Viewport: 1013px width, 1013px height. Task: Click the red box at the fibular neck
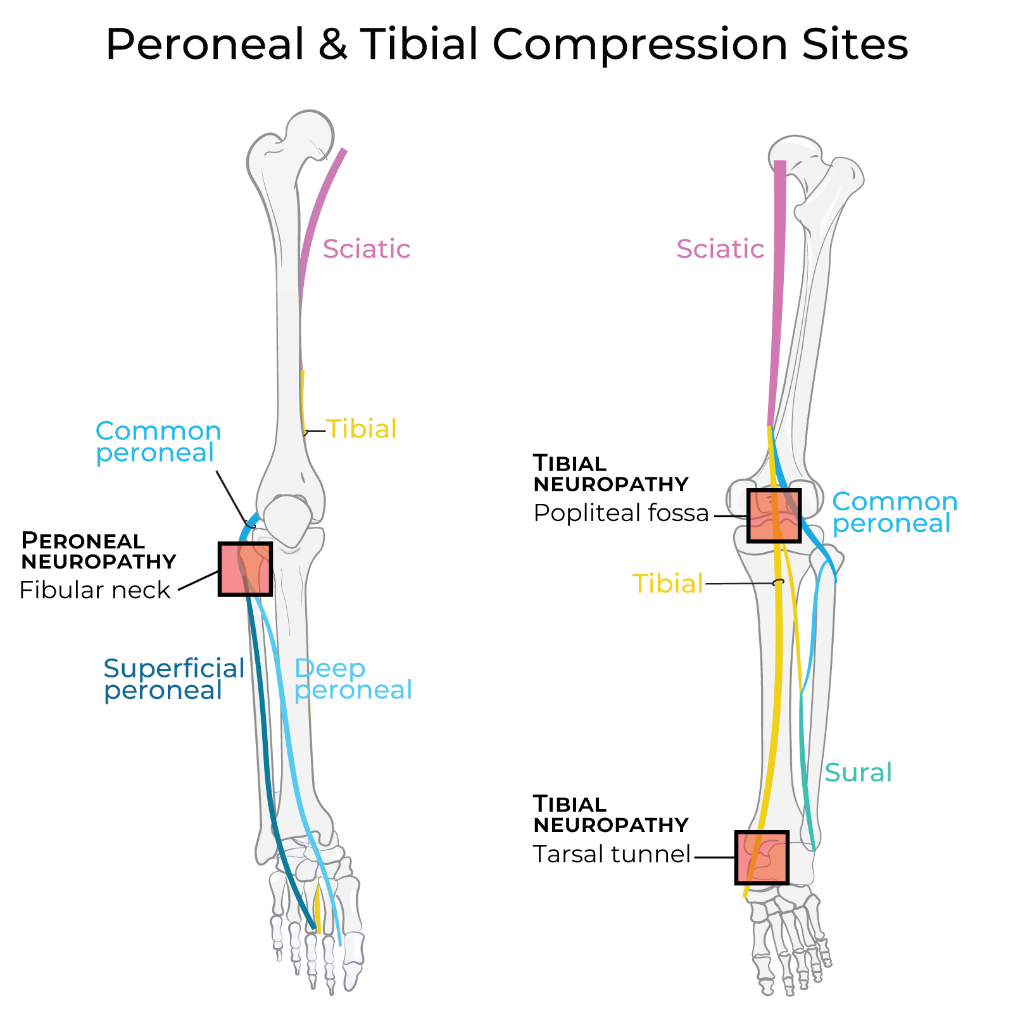pos(245,569)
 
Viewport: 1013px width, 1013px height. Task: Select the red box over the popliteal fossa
pos(774,515)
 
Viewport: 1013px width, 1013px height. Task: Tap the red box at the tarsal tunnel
pos(762,857)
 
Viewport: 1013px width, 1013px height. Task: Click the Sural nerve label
pos(858,772)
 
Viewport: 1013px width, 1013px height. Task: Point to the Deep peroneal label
pos(353,679)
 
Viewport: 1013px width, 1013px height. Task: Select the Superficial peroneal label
pos(173,679)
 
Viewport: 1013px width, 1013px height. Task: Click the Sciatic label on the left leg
pos(366,249)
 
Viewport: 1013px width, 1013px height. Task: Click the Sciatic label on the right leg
pos(720,249)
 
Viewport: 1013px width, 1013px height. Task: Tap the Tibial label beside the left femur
pos(362,429)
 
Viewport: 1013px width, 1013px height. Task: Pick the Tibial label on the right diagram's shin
pos(667,583)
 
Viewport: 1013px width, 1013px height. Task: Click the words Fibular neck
pos(95,590)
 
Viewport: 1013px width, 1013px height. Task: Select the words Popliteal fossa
pos(620,513)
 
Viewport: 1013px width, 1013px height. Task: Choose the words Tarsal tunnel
pos(611,854)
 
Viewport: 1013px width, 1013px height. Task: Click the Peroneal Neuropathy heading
pos(98,551)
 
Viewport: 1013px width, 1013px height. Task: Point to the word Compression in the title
pos(639,44)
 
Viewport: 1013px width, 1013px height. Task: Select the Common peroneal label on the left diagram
pos(158,441)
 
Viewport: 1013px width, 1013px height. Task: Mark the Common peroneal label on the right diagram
pos(894,512)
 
